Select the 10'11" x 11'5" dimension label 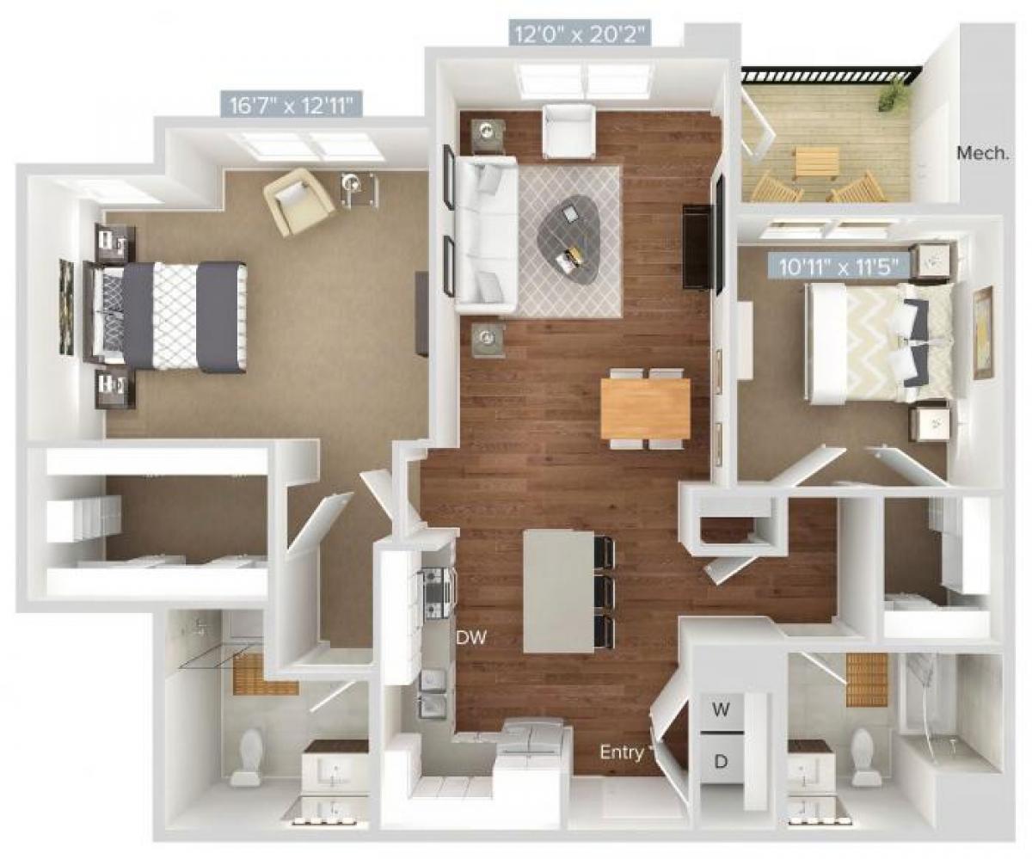click(838, 266)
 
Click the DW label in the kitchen click(470, 639)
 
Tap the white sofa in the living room click(484, 235)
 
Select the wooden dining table click(644, 408)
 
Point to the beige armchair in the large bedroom click(298, 201)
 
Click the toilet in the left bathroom click(250, 756)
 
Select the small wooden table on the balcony click(815, 161)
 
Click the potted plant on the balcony click(895, 92)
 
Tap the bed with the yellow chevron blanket click(877, 343)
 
